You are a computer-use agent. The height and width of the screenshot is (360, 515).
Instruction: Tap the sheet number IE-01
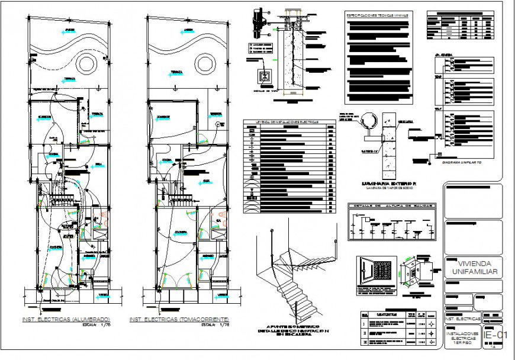point(495,336)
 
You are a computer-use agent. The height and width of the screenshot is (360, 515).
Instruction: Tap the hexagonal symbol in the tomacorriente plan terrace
point(217,124)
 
